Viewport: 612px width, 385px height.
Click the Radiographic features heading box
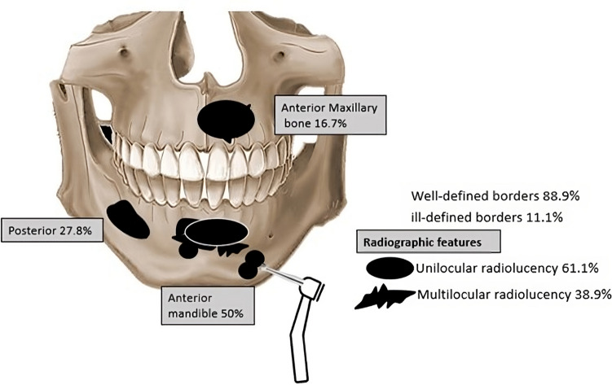(427, 241)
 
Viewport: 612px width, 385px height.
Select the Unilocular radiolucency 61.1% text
(509, 268)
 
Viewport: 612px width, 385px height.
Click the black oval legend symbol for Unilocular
(390, 268)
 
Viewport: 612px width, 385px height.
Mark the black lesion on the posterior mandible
(127, 218)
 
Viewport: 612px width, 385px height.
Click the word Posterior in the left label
(34, 230)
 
